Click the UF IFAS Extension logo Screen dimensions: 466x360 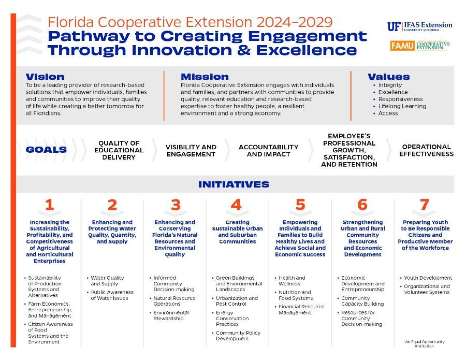(x=419, y=26)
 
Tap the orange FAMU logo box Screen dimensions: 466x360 (x=402, y=46)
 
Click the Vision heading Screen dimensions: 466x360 (x=45, y=77)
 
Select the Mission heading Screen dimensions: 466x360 (x=205, y=77)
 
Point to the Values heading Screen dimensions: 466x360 (x=389, y=77)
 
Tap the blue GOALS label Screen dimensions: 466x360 (x=47, y=150)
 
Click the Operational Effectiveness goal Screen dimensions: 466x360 (x=427, y=150)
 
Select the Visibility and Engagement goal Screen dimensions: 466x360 (x=191, y=151)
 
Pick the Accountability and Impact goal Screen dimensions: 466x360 (x=269, y=151)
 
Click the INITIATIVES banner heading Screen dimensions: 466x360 (x=234, y=184)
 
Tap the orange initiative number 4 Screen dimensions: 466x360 (x=236, y=205)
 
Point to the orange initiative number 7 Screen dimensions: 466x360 (x=425, y=205)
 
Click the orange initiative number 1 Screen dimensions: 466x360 (x=49, y=205)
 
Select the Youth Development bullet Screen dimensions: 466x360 (x=427, y=278)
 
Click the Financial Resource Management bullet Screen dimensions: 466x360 (x=300, y=309)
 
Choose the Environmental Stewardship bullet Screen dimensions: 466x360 (x=170, y=315)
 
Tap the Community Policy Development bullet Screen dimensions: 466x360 (x=237, y=336)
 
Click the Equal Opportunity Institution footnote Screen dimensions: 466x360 (x=425, y=344)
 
